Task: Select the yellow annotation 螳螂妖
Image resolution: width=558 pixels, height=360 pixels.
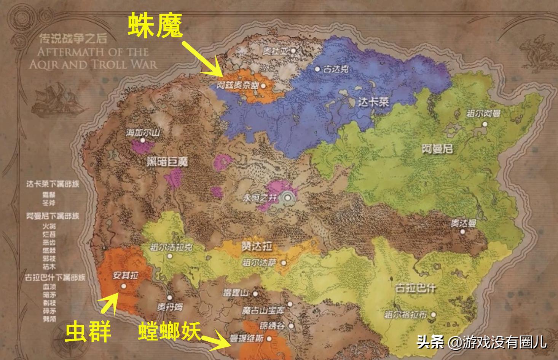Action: [169, 330]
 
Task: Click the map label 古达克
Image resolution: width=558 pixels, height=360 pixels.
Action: [335, 69]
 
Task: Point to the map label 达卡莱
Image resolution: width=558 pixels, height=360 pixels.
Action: [374, 102]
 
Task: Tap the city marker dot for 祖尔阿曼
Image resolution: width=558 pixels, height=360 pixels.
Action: [485, 124]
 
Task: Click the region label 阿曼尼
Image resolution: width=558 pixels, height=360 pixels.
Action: [437, 149]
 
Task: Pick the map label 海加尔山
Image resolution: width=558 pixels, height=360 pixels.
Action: [143, 133]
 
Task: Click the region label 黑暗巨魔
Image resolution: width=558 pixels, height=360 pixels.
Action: [167, 162]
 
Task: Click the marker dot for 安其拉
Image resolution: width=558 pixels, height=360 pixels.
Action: [123, 286]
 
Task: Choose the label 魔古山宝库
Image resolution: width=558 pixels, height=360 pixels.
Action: [263, 310]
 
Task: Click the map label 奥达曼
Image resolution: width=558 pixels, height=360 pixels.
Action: [464, 224]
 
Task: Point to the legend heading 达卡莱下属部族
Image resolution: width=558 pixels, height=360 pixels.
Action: [53, 184]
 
